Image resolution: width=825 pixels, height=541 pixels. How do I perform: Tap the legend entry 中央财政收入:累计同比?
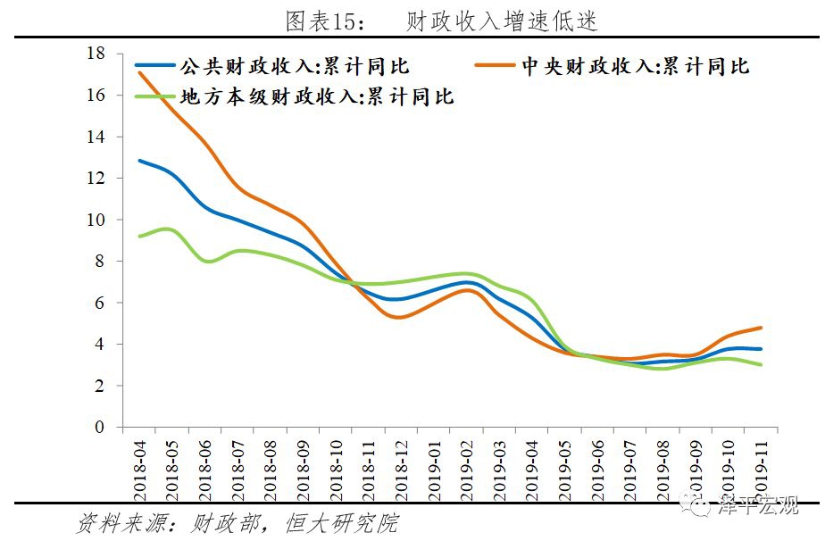[x=634, y=67]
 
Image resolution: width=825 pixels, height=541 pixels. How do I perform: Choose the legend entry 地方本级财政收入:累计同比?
[x=318, y=96]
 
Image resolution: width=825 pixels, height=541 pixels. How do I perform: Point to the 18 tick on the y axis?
[x=96, y=54]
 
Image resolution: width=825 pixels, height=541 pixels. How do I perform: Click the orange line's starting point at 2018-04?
[x=139, y=72]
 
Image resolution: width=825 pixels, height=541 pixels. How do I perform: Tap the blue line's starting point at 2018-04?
[x=139, y=161]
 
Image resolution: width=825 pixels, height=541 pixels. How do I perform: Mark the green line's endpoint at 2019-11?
[x=760, y=364]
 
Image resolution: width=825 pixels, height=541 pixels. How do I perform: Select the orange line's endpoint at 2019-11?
[x=760, y=328]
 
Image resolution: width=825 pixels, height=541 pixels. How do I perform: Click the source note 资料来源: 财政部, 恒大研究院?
[x=237, y=523]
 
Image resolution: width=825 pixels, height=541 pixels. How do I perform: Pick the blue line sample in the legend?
[x=154, y=66]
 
